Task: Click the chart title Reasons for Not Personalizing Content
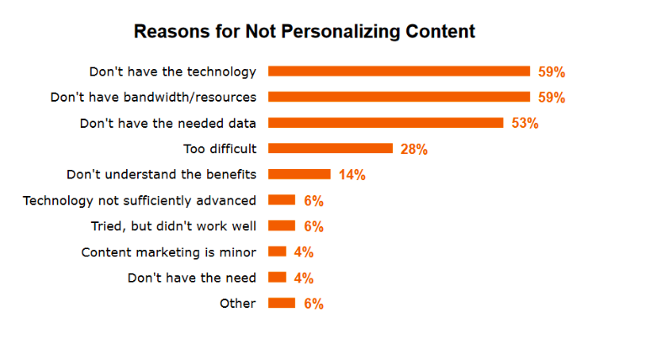304,32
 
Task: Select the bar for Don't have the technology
399,71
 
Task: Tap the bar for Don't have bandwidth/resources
399,97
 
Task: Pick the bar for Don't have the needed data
385,123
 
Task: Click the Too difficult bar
331,149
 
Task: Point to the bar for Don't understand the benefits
299,174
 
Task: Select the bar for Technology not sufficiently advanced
282,200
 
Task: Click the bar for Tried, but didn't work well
282,225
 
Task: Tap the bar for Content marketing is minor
278,251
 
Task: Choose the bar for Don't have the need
278,278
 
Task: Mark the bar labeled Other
282,303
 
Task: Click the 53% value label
525,124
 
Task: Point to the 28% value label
415,150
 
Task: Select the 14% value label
352,175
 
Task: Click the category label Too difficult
220,149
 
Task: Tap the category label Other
237,303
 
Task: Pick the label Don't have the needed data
167,123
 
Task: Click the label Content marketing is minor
168,251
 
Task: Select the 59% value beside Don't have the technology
552,72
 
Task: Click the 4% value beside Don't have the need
304,278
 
